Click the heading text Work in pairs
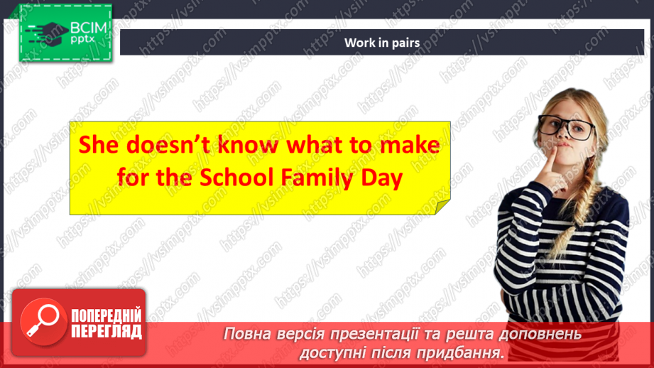(x=381, y=43)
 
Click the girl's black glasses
(x=567, y=128)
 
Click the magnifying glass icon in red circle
(x=40, y=320)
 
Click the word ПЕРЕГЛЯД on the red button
(x=107, y=331)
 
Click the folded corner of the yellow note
(x=442, y=207)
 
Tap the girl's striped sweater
(x=561, y=242)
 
